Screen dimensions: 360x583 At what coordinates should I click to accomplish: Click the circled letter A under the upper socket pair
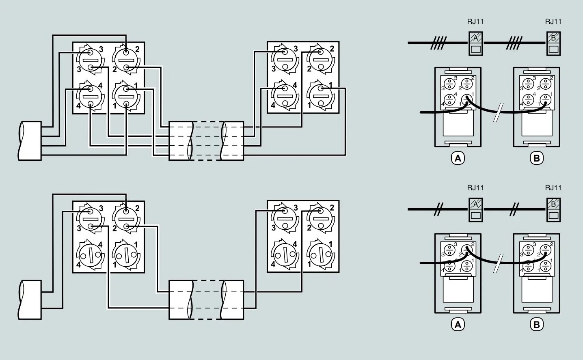[x=458, y=158]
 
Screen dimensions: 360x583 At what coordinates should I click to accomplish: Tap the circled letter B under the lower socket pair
[x=537, y=325]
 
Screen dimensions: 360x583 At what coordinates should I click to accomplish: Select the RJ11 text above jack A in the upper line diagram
[x=475, y=22]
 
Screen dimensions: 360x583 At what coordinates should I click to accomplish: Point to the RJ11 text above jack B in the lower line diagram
[x=553, y=188]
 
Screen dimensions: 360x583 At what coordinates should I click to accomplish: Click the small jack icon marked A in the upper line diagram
[x=475, y=43]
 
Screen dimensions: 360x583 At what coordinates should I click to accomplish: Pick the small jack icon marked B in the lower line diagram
[x=553, y=209]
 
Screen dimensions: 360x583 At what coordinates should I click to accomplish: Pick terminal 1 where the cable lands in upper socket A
[x=467, y=98]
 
